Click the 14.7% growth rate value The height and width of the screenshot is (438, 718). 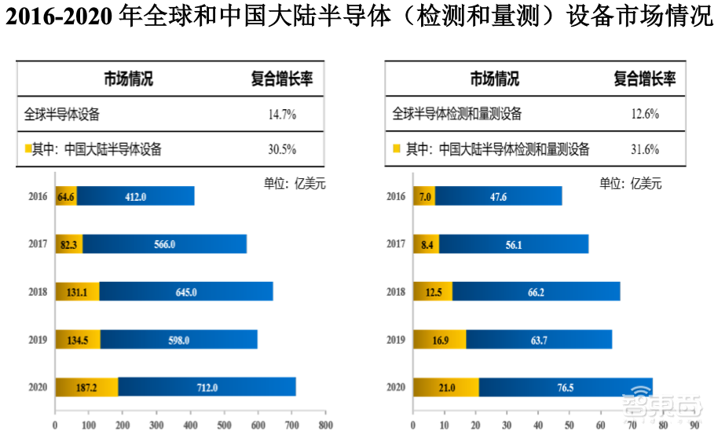tap(282, 115)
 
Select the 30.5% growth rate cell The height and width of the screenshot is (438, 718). tap(282, 149)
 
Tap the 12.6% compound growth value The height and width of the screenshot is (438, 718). tap(645, 115)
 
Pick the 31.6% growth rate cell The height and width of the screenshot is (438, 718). tap(645, 149)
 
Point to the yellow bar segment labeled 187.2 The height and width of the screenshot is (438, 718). tap(86, 387)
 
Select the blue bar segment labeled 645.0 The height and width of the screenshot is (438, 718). tap(185, 291)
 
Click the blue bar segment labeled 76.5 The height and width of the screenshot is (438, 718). tap(565, 387)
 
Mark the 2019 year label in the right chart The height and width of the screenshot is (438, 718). tap(397, 339)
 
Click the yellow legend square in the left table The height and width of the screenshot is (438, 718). tap(27, 148)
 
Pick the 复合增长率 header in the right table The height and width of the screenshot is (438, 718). tap(645, 79)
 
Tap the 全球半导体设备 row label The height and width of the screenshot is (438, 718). tap(62, 115)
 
